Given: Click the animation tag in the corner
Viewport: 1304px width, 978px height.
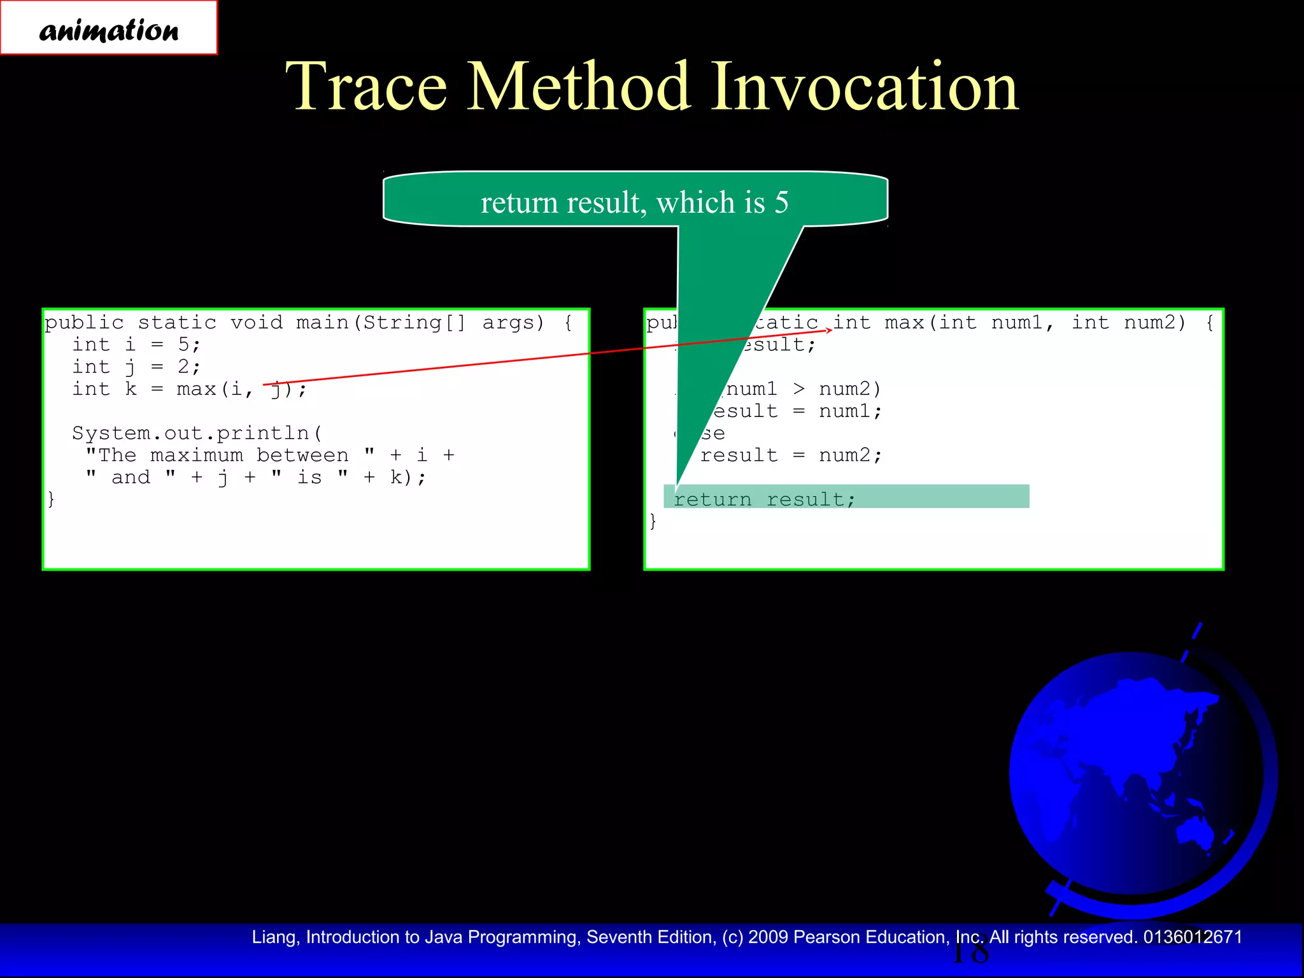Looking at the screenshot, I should [108, 29].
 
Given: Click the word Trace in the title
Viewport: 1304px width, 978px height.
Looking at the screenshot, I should [367, 87].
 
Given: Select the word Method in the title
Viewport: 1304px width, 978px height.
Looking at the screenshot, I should [579, 87].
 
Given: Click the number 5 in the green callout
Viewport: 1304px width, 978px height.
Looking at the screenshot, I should [781, 203].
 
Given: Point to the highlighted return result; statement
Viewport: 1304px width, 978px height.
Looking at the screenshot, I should [764, 499].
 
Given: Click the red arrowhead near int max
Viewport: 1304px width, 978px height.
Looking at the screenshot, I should [829, 329].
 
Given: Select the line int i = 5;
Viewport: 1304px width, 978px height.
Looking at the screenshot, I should [136, 344].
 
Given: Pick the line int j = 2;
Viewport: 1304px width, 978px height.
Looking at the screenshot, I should [136, 367].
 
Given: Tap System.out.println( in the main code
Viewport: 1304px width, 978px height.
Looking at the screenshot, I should [197, 433].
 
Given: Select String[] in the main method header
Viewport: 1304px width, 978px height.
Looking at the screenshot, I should [414, 323].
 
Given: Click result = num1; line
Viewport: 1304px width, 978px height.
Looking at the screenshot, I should [796, 411].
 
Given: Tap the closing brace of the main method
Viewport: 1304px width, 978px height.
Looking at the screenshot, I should [51, 499].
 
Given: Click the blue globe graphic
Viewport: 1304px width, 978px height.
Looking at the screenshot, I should [1133, 777].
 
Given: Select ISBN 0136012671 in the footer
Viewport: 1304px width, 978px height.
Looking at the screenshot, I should [1193, 937].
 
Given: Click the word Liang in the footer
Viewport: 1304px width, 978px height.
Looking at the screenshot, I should [274, 937].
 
